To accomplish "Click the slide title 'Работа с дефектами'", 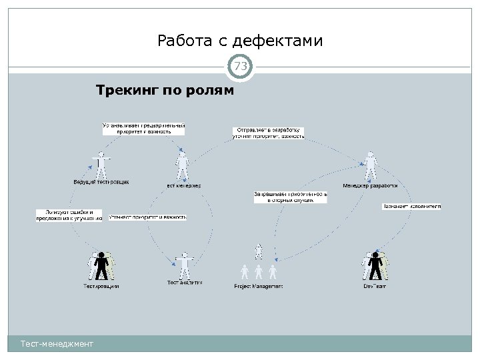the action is (x=240, y=41).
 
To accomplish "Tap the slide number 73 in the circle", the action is (x=240, y=66).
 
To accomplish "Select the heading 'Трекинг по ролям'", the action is (x=165, y=89).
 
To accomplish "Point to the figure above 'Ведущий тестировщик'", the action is (x=101, y=163).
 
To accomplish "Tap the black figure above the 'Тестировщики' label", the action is (x=101, y=266).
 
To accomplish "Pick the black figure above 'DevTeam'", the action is (x=375, y=266).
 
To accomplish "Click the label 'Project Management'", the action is (x=258, y=286).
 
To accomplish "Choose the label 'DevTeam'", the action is (x=375, y=286).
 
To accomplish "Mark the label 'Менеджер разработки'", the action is (x=370, y=185).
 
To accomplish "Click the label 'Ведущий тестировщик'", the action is (x=101, y=181).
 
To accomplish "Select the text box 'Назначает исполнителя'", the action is (x=411, y=207).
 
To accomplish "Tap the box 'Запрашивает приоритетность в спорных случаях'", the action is (x=290, y=196).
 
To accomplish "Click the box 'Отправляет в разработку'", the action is (x=268, y=132).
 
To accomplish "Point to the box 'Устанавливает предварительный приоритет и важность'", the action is (x=143, y=128).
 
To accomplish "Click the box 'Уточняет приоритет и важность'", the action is (x=147, y=217).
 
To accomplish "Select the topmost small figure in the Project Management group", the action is (x=259, y=251).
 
